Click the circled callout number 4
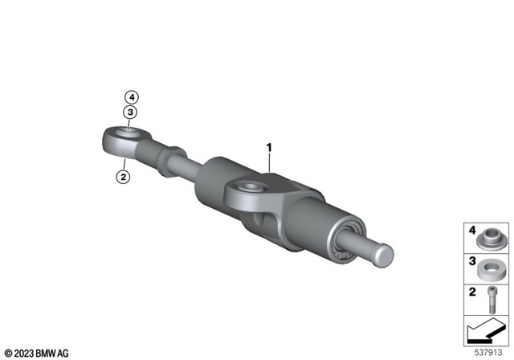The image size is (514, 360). pyautogui.click(x=128, y=99)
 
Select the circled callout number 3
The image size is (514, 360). pyautogui.click(x=128, y=113)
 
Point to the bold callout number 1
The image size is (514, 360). pyautogui.click(x=270, y=148)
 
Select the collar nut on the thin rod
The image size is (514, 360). pyautogui.click(x=173, y=153)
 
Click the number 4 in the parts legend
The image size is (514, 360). pyautogui.click(x=474, y=231)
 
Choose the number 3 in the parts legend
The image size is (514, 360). pyautogui.click(x=474, y=261)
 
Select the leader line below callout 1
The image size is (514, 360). pyautogui.click(x=271, y=164)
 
